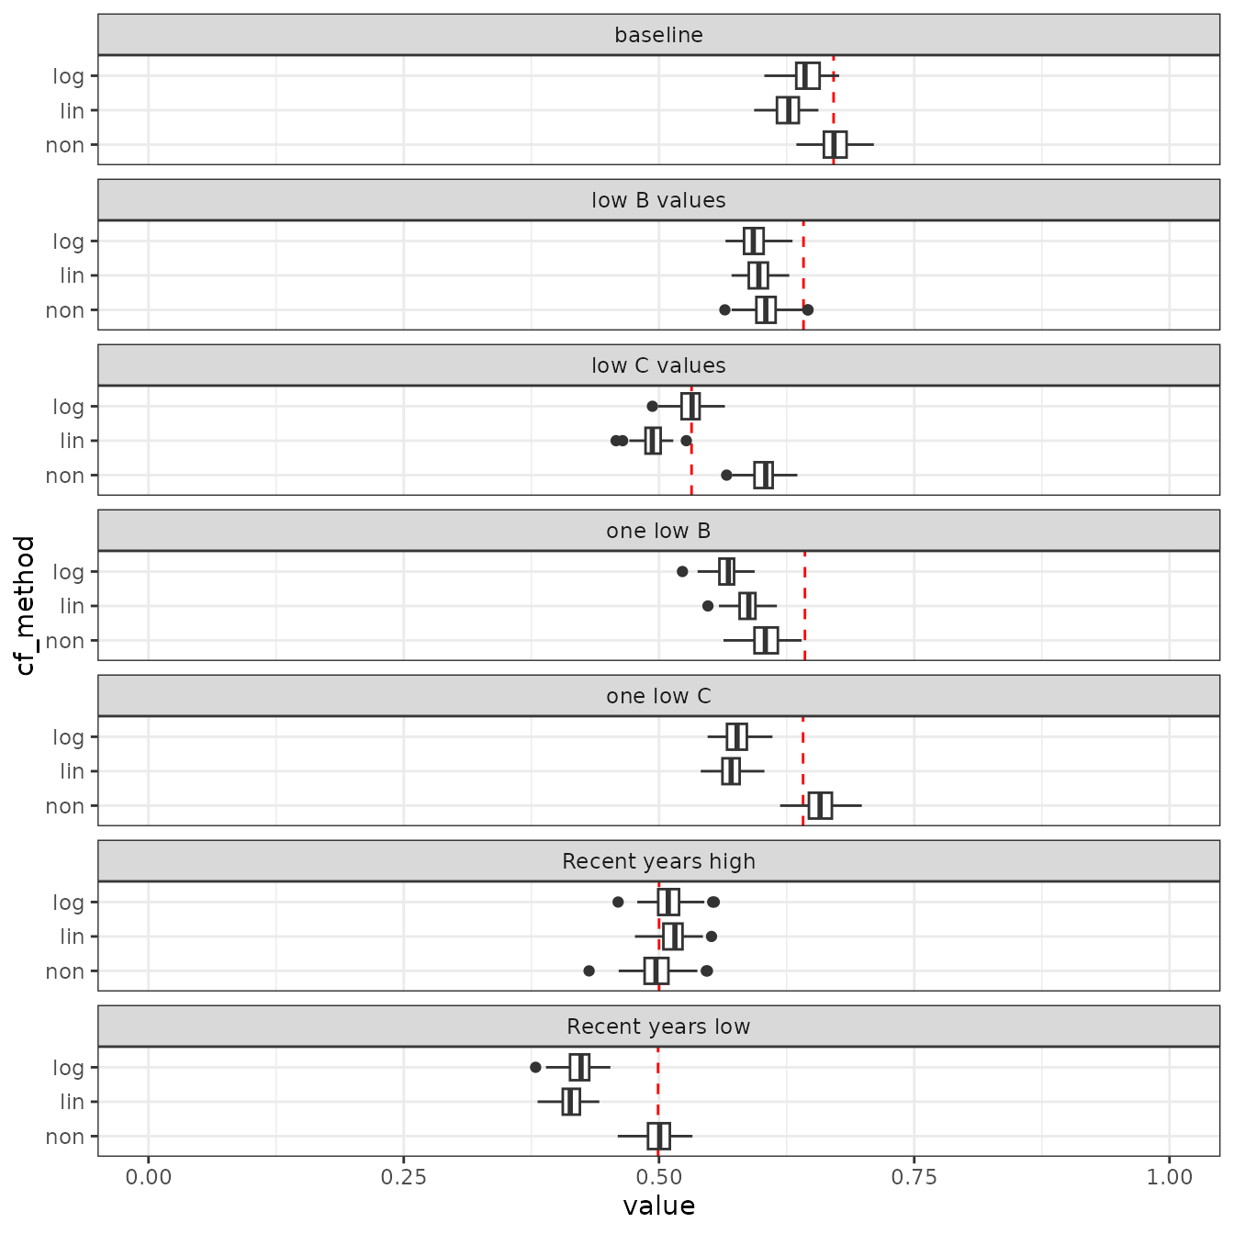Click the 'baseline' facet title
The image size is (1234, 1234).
point(658,35)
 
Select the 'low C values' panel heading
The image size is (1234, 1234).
point(658,365)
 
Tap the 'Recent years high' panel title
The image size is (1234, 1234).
point(658,861)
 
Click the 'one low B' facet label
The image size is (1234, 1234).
point(658,531)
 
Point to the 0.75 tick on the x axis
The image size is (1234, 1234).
point(914,1177)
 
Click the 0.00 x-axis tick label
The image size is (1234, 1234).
point(148,1177)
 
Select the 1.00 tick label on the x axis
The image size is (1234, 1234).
point(1169,1177)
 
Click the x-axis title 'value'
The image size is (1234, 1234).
point(658,1206)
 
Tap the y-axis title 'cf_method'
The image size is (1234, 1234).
point(26,605)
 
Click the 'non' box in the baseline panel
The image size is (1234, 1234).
point(835,145)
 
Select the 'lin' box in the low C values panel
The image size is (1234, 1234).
point(653,441)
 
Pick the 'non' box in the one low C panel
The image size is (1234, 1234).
point(820,805)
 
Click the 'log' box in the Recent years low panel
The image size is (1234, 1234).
point(579,1068)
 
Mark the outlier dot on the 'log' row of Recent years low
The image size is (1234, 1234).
point(535,1067)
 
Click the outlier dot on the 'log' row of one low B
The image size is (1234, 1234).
point(682,571)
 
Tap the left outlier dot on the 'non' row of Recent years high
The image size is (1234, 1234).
point(589,970)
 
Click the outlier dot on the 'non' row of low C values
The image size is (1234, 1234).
point(726,475)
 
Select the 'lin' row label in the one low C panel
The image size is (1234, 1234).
point(72,771)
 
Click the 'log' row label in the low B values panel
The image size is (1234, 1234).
point(68,241)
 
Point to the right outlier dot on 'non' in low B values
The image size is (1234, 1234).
point(808,309)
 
